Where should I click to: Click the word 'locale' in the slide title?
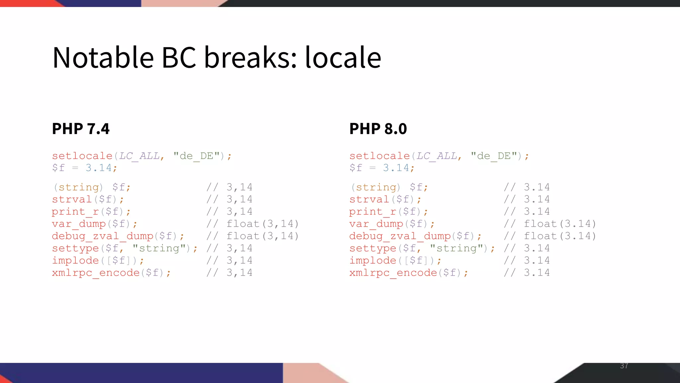343,58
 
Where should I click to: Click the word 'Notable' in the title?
103,58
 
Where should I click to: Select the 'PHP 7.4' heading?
81,129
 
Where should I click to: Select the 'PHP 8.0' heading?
378,129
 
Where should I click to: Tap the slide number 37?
624,366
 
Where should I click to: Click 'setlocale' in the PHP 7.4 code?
82,156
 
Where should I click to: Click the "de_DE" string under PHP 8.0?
494,156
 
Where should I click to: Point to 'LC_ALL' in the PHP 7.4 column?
139,156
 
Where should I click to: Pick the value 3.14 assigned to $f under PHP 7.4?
99,168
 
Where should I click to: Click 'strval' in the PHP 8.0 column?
369,199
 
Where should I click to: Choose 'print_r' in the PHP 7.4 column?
75,211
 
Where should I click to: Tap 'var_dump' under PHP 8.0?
377,224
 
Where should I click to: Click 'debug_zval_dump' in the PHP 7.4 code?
102,236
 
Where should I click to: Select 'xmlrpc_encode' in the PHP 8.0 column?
393,273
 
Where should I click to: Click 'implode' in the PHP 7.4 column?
75,260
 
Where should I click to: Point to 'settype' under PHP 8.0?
373,248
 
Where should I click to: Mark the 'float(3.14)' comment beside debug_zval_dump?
560,236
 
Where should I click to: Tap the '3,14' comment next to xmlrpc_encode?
239,273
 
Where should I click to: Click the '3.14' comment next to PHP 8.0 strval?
537,199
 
